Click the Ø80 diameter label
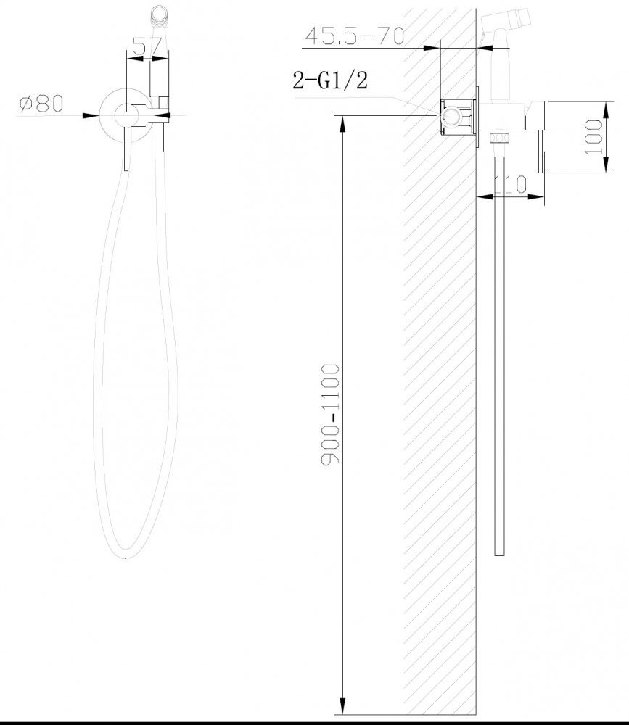[41, 103]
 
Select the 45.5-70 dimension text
[355, 36]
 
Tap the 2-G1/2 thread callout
[330, 80]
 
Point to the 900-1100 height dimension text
[331, 414]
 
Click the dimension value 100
[594, 137]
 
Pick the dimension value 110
[510, 184]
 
